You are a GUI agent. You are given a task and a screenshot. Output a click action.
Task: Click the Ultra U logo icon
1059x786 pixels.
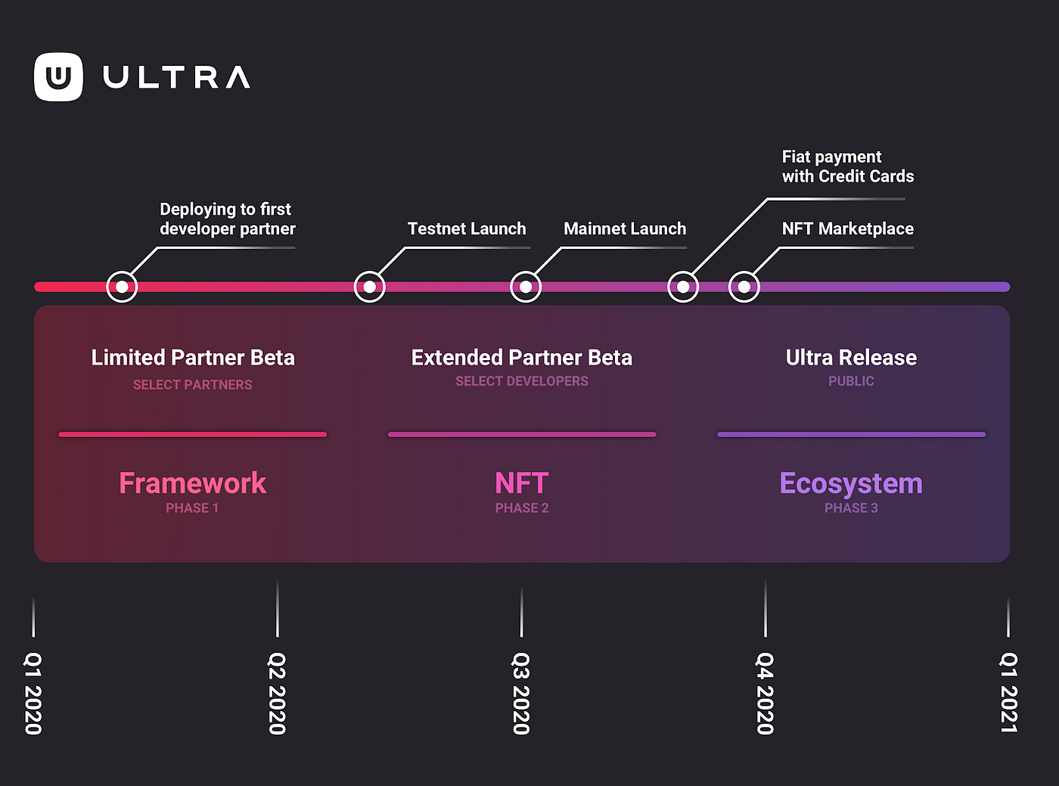tap(58, 76)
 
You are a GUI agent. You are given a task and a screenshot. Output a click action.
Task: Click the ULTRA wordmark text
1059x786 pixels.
tap(176, 77)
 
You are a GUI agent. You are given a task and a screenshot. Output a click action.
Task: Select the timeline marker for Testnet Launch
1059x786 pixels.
tap(370, 287)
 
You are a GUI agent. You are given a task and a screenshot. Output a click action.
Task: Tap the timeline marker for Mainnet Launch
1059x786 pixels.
tap(526, 287)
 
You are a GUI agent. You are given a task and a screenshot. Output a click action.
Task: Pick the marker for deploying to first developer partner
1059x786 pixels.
tap(122, 287)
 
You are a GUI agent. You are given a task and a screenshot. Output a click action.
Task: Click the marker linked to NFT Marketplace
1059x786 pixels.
tap(744, 287)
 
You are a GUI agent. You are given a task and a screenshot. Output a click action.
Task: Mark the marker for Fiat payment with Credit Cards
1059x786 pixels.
tap(683, 287)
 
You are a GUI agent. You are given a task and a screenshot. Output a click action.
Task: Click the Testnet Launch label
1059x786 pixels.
tap(466, 228)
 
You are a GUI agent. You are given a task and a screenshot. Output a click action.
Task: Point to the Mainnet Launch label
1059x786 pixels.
tap(625, 228)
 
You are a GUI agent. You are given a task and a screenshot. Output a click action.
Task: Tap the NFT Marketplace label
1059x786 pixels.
tap(847, 228)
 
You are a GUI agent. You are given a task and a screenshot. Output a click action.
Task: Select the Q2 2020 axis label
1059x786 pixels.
tap(277, 693)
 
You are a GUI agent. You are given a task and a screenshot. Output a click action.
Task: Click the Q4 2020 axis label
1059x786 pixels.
tap(765, 693)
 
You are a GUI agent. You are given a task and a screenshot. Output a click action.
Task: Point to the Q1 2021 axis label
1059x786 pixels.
tap(1008, 693)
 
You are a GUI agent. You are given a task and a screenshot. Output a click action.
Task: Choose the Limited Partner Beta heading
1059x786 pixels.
tap(193, 357)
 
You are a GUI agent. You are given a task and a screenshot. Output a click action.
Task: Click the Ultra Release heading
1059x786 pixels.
tap(851, 357)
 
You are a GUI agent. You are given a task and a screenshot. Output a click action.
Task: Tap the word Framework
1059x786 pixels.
tap(193, 483)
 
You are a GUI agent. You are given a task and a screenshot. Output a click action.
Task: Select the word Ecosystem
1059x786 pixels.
tap(851, 483)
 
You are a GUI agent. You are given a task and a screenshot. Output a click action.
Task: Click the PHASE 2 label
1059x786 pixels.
tap(522, 508)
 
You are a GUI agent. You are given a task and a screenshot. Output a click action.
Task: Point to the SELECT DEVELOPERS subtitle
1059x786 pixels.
tap(522, 381)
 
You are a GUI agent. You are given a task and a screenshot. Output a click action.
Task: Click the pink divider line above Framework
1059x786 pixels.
tap(193, 434)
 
